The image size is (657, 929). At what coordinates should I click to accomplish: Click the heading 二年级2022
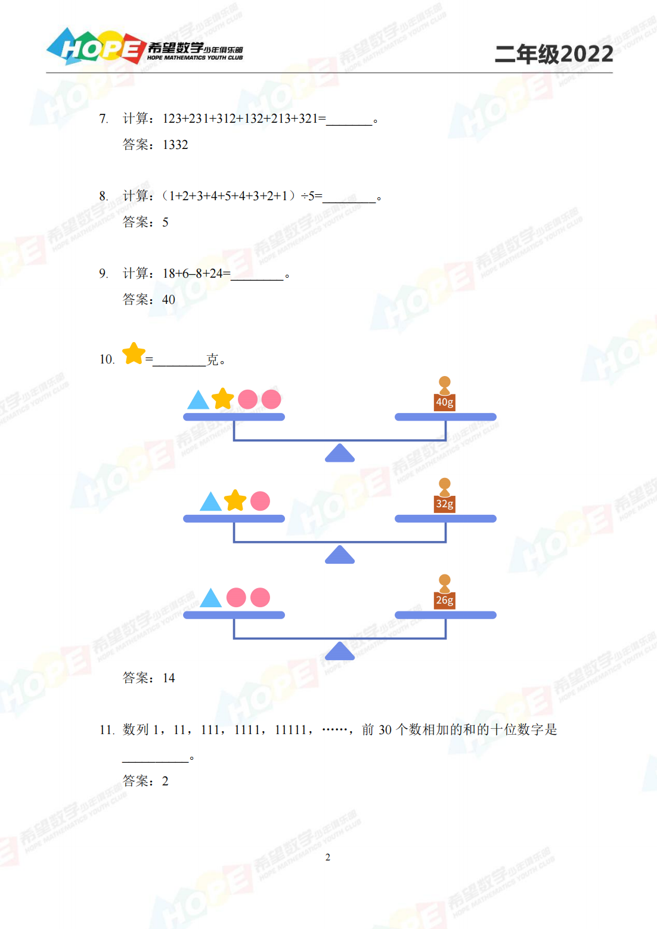tap(554, 54)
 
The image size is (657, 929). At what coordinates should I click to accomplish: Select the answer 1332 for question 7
tap(175, 145)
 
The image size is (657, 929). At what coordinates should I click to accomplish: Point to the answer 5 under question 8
tap(165, 222)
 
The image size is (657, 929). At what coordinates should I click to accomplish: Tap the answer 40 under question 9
tap(169, 299)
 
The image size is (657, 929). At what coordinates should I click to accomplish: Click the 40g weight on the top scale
tap(445, 393)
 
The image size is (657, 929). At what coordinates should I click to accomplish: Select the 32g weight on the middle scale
tap(445, 495)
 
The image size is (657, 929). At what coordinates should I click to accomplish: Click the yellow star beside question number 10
tap(134, 353)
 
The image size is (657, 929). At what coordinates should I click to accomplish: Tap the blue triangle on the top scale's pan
tap(198, 400)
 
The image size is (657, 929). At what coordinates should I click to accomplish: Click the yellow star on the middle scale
tap(235, 500)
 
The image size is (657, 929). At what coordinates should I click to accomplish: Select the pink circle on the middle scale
tap(260, 501)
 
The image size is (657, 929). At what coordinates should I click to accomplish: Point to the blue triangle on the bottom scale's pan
tap(211, 598)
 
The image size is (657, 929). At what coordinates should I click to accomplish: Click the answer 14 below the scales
tap(169, 678)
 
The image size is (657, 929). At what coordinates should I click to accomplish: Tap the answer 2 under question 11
tap(165, 781)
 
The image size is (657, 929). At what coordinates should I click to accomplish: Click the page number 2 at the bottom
tap(328, 857)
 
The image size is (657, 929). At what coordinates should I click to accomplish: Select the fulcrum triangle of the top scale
tap(340, 453)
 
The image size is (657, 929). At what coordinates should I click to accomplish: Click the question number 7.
tap(103, 119)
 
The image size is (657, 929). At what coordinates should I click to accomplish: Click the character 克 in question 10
tap(212, 359)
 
